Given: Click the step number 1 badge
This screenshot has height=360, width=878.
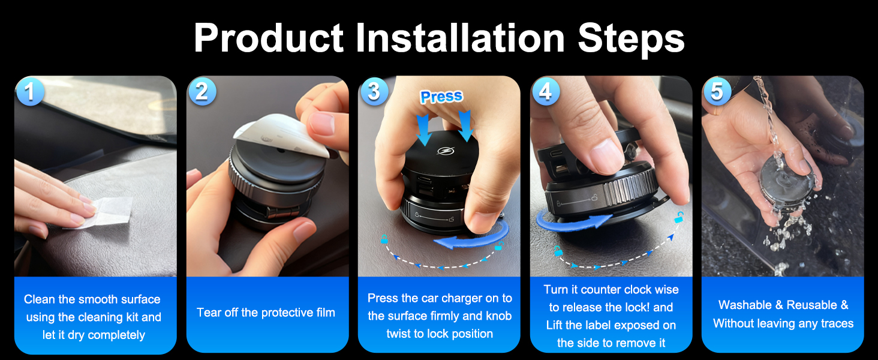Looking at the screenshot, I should coord(30,91).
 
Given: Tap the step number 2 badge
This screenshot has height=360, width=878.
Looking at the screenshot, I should coord(202,91).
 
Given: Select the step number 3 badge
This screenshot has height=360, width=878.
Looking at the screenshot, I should coord(374,91).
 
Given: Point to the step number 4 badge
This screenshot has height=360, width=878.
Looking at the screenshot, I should coord(545,91).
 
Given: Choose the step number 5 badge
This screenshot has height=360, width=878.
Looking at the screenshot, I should coord(717,91).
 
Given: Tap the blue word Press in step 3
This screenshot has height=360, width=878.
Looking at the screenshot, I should coord(441,97).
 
